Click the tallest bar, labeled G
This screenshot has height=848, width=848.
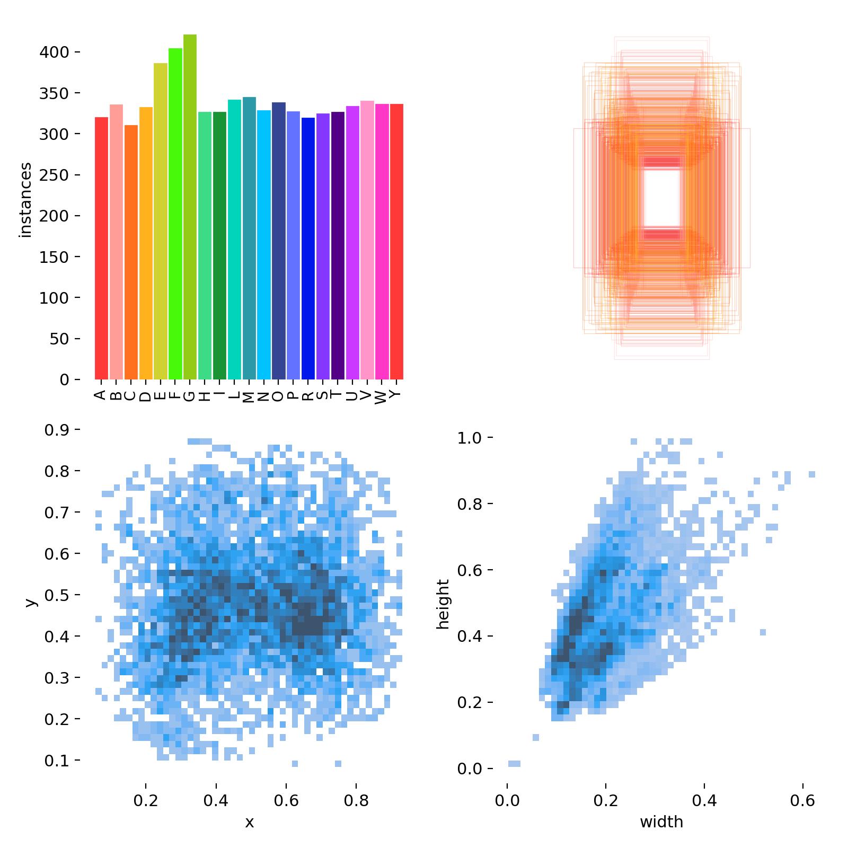pos(190,207)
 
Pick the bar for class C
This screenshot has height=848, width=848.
pos(131,252)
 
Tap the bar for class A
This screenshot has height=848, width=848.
pos(101,248)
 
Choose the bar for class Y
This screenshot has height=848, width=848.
pos(396,241)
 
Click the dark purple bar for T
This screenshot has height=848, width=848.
pos(338,245)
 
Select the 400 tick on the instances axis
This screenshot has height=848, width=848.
pos(54,52)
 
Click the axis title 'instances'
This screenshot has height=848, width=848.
pos(25,200)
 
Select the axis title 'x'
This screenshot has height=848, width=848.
pos(249,822)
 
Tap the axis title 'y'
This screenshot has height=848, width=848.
pos(30,602)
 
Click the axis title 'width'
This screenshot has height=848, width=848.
pos(661,822)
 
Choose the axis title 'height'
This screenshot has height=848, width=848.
pos(443,604)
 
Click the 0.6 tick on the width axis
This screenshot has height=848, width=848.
pos(803,800)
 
